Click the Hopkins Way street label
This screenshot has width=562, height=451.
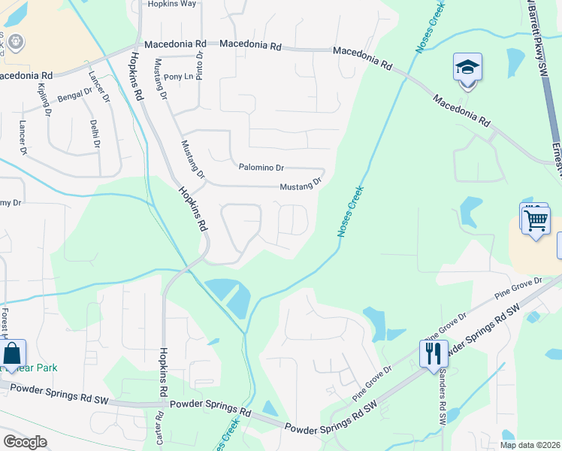[x=172, y=4]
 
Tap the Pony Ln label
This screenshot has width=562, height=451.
[x=178, y=77]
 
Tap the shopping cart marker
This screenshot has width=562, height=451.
[x=536, y=220]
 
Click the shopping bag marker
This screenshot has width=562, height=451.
[x=14, y=353]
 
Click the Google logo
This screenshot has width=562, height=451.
[x=25, y=442]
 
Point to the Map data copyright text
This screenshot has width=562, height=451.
[x=529, y=445]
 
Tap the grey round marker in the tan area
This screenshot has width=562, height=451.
[x=17, y=41]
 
